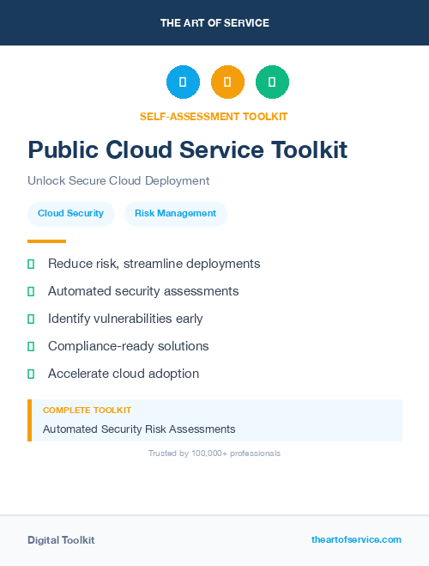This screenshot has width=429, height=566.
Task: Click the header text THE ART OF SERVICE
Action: [x=214, y=23]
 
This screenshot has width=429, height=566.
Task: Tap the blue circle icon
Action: [x=183, y=82]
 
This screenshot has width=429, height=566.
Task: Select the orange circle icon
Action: [x=227, y=82]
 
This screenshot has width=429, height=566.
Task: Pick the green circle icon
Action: [x=273, y=82]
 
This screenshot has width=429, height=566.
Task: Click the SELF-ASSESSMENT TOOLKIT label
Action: [x=214, y=116]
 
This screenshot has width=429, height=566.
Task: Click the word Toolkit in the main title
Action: [x=310, y=150]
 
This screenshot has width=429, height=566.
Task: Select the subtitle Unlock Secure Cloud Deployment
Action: [x=118, y=181]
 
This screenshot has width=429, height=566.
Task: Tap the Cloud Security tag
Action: [x=70, y=214]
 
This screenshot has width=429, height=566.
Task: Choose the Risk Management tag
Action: [x=176, y=214]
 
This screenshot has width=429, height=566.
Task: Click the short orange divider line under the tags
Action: [x=46, y=241]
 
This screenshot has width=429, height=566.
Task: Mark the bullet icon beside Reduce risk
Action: [x=31, y=264]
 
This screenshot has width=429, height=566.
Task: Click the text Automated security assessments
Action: [x=143, y=291]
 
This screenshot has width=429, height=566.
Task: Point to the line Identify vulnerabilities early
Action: [x=125, y=319]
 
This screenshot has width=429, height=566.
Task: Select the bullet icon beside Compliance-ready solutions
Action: [x=31, y=346]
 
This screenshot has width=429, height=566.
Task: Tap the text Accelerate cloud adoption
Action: [x=124, y=374]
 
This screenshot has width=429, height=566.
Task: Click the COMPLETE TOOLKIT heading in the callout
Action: [x=87, y=411]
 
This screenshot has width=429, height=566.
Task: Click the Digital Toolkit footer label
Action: [x=61, y=540]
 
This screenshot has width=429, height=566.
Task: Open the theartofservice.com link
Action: [x=356, y=539]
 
